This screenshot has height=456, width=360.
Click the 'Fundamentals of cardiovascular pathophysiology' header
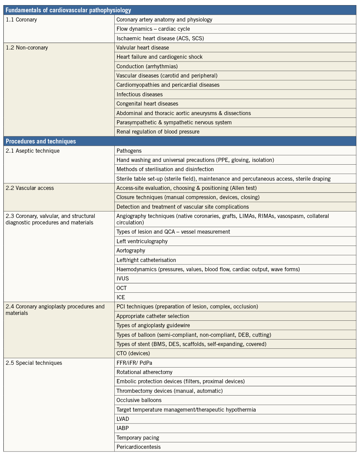tap(68, 10)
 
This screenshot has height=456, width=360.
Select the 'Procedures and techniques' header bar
tap(41, 141)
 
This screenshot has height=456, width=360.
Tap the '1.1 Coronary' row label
tap(21, 20)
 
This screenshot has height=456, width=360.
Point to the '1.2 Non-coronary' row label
tap(27, 48)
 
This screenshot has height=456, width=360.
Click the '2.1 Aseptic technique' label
tap(33, 151)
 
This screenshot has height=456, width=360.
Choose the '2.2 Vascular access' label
tap(30, 188)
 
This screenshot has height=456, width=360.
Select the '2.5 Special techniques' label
tap(34, 363)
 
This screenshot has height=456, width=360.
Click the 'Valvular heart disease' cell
tap(143, 48)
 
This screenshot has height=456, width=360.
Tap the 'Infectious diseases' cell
tap(140, 94)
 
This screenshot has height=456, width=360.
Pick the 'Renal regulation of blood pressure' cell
tap(158, 132)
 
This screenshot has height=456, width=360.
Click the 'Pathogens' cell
tap(129, 151)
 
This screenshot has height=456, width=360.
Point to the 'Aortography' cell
tap(131, 250)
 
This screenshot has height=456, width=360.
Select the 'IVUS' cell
tap(123, 278)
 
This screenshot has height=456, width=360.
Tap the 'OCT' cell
tap(122, 288)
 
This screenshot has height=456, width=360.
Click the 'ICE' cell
tap(121, 297)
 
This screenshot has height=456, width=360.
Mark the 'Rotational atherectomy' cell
tap(144, 372)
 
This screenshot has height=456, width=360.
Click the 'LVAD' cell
tap(123, 419)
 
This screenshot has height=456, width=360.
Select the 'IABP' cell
tap(123, 428)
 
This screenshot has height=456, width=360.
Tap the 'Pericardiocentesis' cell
tap(139, 447)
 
